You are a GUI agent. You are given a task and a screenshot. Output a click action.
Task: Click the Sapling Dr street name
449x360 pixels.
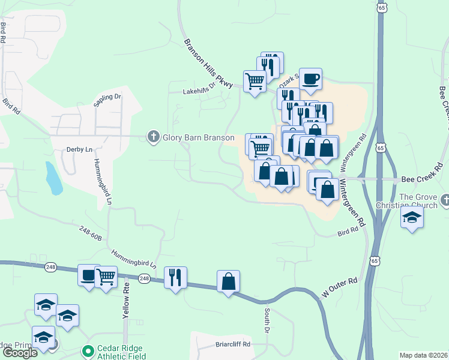click(107, 100)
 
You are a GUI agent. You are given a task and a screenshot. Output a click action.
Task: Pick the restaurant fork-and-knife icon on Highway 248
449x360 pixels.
click(175, 277)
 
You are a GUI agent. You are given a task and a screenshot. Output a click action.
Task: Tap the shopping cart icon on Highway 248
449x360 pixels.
click(106, 277)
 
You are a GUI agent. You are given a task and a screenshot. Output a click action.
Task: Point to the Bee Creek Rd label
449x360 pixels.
click(420, 179)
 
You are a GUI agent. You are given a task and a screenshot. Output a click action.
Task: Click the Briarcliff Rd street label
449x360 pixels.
click(232, 344)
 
